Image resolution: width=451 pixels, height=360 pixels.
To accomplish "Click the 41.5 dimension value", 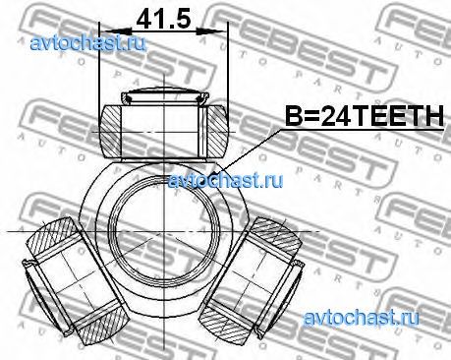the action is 163,19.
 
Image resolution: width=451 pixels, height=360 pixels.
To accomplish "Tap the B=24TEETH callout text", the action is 365,116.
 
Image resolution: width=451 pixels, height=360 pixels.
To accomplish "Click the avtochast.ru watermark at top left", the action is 87,43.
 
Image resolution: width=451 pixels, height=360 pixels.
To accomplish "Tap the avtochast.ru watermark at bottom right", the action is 361,318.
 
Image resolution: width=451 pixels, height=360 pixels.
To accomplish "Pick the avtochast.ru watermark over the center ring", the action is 225,180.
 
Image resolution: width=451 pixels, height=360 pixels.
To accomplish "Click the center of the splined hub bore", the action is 164,231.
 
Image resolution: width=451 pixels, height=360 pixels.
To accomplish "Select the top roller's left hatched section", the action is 110,131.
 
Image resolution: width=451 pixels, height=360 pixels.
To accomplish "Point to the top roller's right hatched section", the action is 217,131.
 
